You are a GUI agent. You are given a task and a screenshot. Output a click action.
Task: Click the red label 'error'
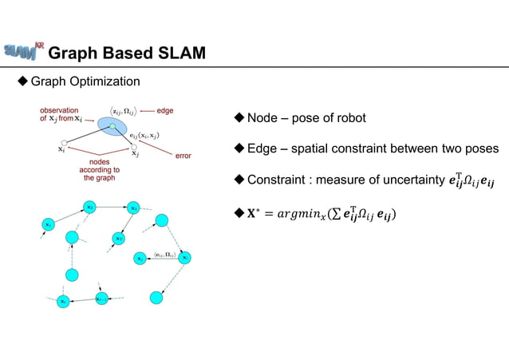pyautogui.click(x=183, y=155)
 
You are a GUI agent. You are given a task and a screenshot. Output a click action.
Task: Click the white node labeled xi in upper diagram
pyautogui.click(x=62, y=140)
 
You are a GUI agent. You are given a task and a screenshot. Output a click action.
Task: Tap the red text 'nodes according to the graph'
pyautogui.click(x=100, y=169)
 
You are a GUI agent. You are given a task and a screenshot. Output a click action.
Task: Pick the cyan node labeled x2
pyautogui.click(x=90, y=208)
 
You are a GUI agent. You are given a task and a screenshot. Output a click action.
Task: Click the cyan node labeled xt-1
pyautogui.click(x=101, y=299)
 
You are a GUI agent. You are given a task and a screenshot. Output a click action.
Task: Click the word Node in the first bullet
pyautogui.click(x=263, y=118)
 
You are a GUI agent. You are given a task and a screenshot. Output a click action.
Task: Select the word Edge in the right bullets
pyautogui.click(x=263, y=148)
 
